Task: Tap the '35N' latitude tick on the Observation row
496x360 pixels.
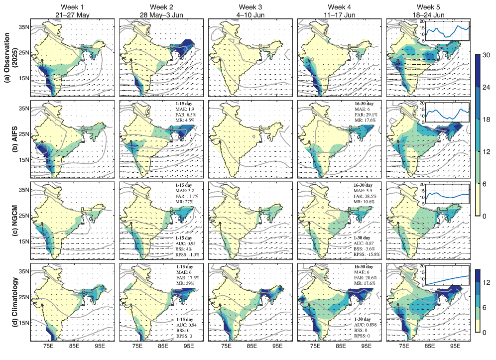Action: [x=23, y=26]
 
